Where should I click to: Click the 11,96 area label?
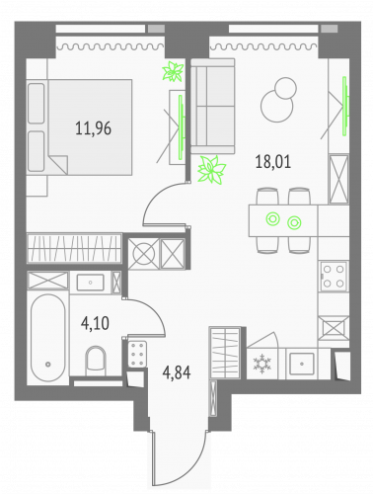pyautogui.click(x=92, y=126)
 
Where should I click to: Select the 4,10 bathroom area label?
pyautogui.click(x=96, y=320)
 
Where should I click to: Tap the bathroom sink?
pyautogui.click(x=90, y=282)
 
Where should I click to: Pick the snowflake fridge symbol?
pyautogui.click(x=263, y=363)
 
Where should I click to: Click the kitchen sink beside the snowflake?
pyautogui.click(x=299, y=363)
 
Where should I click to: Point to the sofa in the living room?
pyautogui.click(x=210, y=105)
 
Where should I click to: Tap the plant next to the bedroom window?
pyautogui.click(x=174, y=72)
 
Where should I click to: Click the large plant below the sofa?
pyautogui.click(x=210, y=170)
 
